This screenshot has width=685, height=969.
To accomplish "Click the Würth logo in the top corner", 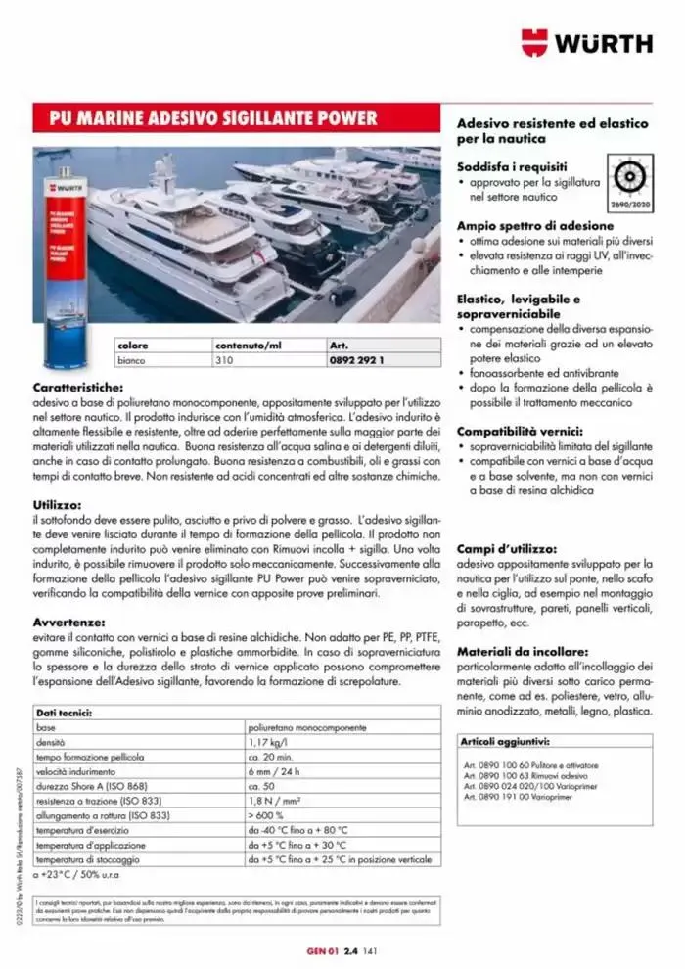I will coord(586,43).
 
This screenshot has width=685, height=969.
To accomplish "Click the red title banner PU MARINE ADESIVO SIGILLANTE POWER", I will coord(214,119).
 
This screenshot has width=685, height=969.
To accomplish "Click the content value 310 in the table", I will coord(224,360).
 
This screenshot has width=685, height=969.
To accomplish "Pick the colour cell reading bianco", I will coord(131,360).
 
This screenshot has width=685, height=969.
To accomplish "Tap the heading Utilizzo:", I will coord(58,504).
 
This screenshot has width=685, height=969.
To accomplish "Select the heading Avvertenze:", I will coord(70,621).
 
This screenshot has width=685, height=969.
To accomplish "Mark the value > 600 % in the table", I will coord(267,815).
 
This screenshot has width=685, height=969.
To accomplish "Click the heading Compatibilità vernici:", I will coord(520,431).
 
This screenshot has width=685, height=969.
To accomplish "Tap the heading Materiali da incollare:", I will coord(523,650).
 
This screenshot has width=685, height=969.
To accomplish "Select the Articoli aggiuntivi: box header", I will coord(505,742).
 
